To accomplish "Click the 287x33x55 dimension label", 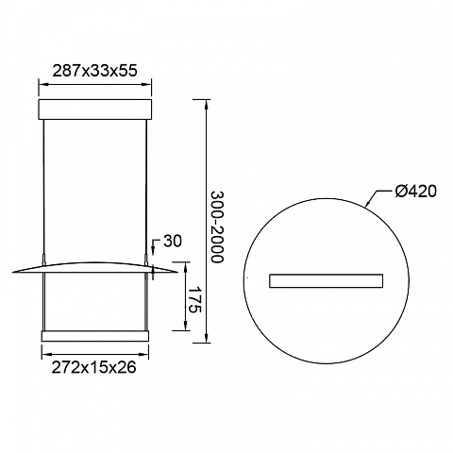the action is (x=94, y=71).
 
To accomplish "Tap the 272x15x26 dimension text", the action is (x=93, y=367).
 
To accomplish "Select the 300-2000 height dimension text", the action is (x=217, y=226).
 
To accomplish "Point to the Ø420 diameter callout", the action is (x=416, y=191).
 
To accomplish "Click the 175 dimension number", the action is (x=194, y=299).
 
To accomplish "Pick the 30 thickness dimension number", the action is (x=173, y=242).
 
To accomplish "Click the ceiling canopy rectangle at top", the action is (x=95, y=109).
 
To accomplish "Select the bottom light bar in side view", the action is (x=95, y=336).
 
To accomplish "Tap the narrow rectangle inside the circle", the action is (x=327, y=281).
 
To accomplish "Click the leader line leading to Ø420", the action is (x=377, y=198).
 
